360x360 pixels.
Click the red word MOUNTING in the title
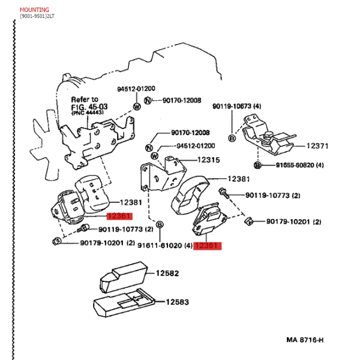34,10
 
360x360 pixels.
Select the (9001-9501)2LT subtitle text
37,16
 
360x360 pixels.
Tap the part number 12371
317,146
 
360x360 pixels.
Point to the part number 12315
208,160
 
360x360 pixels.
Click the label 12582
167,273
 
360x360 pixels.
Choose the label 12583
177,302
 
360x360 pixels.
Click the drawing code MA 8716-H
305,340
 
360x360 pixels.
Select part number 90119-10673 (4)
237,106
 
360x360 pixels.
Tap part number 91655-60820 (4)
299,165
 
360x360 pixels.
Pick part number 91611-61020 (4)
165,245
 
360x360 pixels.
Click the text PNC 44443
88,113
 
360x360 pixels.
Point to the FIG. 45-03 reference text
89,107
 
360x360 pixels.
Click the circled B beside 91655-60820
257,165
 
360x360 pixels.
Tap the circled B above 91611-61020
160,224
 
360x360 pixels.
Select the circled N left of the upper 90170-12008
148,101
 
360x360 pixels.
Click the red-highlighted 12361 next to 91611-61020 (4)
208,245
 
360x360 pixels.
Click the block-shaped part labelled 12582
124,277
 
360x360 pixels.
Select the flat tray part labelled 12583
124,302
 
